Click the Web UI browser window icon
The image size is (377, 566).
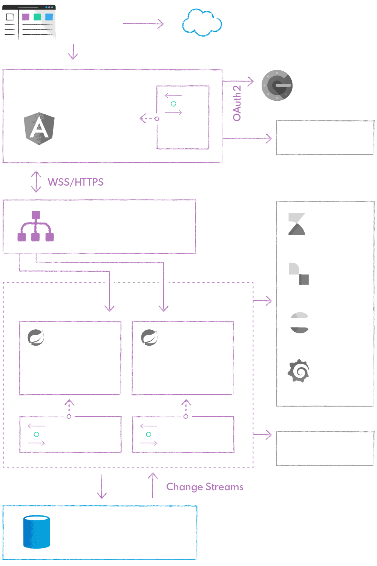pos(29,23)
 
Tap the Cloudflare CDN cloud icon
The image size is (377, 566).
pos(202,23)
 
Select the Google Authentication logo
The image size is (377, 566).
pos(277,85)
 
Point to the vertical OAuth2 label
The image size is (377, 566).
pos(237,103)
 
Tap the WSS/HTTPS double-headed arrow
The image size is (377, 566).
pos(36,181)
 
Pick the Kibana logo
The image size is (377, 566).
pos(297,224)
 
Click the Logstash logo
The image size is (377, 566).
pos(298,274)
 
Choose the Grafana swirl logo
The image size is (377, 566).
pos(299,371)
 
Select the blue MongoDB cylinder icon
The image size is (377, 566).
pos(37,532)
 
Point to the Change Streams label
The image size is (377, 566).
pos(205,487)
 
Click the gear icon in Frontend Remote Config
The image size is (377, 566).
pos(173,103)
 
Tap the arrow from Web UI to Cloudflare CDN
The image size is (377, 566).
pos(143,24)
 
